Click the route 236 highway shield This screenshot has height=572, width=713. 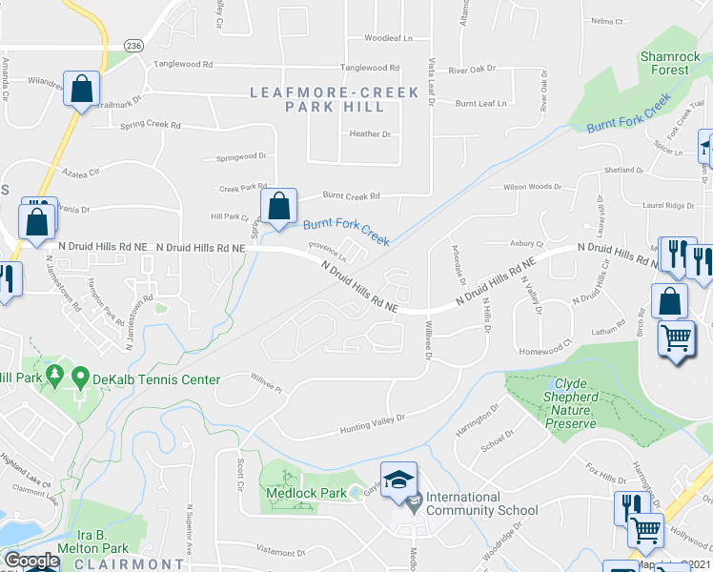[133, 46]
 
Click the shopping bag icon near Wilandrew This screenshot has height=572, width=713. [83, 90]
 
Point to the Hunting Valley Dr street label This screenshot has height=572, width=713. [372, 424]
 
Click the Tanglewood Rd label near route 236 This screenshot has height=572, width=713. [183, 66]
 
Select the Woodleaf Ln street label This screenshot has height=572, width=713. [388, 39]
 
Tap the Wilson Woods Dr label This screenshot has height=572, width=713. [526, 187]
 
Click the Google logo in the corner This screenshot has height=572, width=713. [31, 562]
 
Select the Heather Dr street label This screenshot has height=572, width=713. [370, 134]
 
